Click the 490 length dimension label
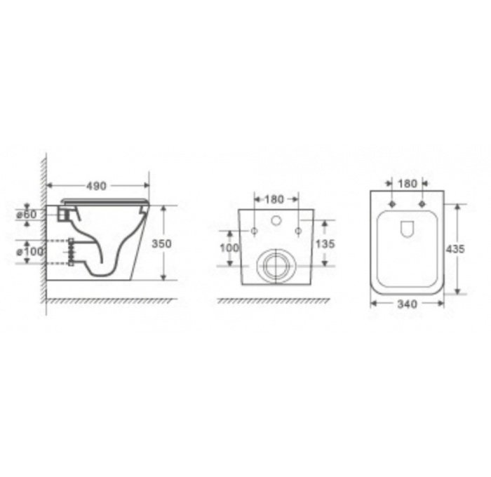[x=96, y=186]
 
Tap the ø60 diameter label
[x=27, y=215]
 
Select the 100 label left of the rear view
[x=230, y=248]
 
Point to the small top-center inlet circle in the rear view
[x=276, y=222]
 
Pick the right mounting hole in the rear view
[x=298, y=230]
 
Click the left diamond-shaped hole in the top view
[x=392, y=204]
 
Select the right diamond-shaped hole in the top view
[x=422, y=204]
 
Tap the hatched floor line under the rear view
[x=274, y=300]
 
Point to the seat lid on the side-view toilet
[x=105, y=201]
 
